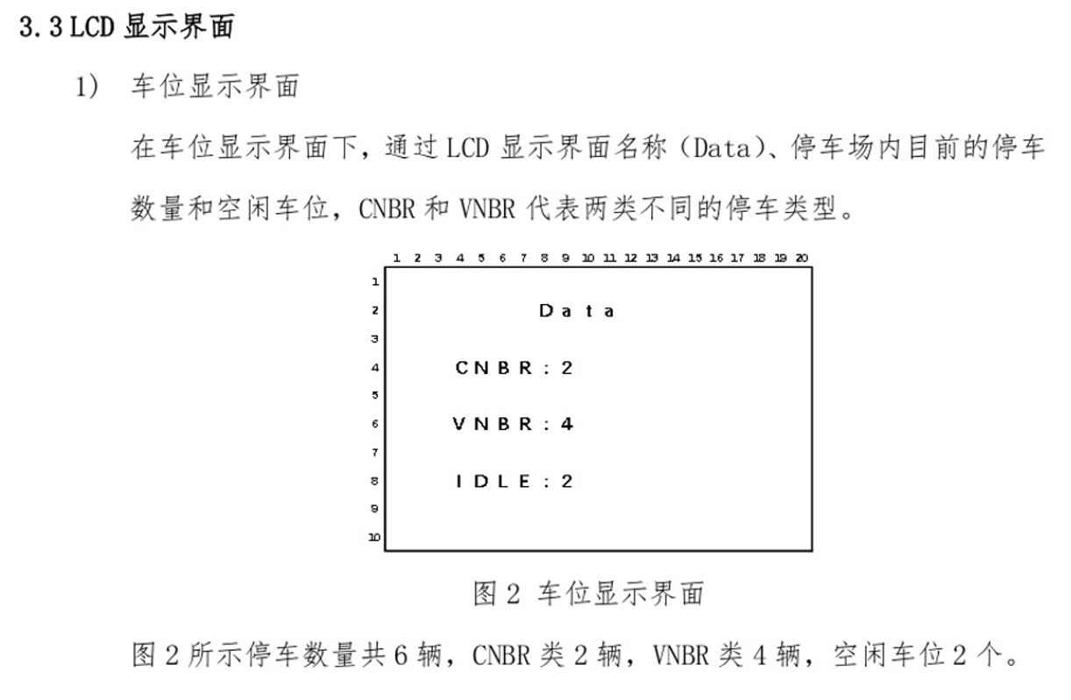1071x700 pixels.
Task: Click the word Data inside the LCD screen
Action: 576,311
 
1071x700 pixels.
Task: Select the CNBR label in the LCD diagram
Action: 493,368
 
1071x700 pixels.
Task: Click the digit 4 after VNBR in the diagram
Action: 567,424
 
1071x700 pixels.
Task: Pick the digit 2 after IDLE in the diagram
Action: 567,481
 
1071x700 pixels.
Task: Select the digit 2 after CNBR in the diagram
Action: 567,368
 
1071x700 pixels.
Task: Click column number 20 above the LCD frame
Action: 801,258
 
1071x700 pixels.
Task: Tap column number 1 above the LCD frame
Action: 396,258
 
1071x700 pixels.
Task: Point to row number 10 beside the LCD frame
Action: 374,537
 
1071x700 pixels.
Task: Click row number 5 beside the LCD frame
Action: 375,395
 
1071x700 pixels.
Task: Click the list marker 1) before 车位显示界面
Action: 88,87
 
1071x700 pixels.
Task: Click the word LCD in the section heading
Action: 93,27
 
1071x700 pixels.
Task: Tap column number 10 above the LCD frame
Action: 587,258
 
